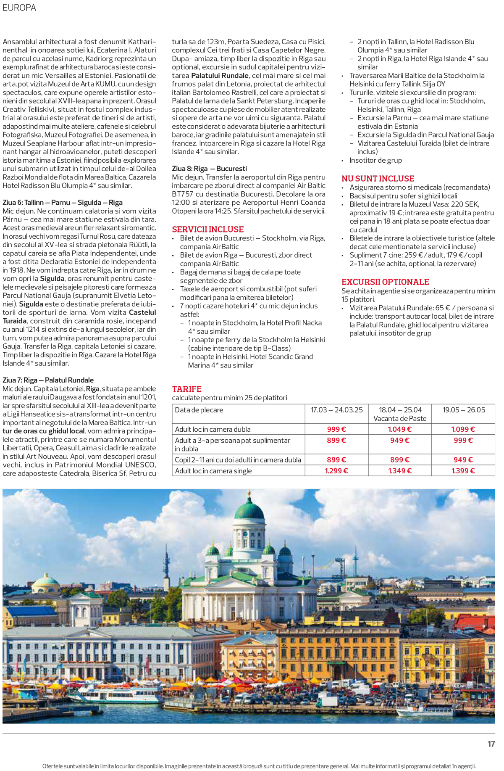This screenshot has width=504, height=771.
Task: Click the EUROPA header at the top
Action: [19, 8]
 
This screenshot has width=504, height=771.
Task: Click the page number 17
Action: [491, 744]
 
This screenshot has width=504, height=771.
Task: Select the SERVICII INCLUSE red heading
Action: [208, 229]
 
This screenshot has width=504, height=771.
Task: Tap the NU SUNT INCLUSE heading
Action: [378, 179]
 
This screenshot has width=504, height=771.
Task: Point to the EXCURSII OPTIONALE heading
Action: [385, 282]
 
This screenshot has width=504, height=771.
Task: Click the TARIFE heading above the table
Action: [187, 389]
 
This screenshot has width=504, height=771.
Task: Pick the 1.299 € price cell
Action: [336, 471]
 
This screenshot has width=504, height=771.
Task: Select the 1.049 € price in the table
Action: [399, 429]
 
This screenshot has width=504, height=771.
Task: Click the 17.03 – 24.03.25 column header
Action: [336, 410]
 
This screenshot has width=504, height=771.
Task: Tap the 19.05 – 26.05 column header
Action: [464, 410]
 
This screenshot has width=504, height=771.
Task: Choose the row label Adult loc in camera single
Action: [213, 471]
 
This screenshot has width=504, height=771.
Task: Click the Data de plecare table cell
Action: [199, 410]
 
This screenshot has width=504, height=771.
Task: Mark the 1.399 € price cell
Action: [463, 471]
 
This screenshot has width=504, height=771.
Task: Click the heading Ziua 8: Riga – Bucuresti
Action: [210, 169]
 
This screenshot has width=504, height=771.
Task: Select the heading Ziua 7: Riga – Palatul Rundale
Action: [48, 380]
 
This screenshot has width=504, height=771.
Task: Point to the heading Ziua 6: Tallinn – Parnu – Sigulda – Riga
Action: [63, 202]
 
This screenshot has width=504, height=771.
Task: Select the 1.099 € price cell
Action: [463, 429]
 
